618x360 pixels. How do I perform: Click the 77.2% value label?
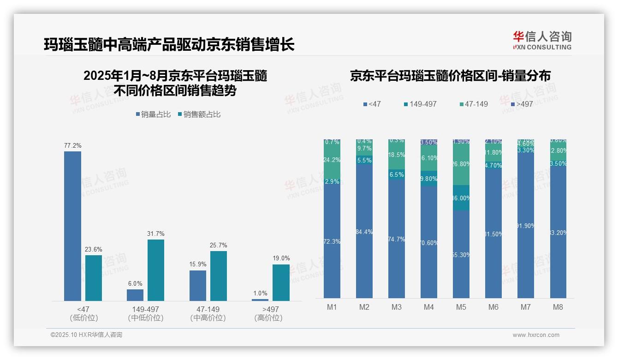[72, 146]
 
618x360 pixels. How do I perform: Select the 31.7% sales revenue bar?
[156, 270]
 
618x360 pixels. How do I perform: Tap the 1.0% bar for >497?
[260, 300]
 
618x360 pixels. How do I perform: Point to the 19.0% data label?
[281, 258]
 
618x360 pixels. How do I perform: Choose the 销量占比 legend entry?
[153, 114]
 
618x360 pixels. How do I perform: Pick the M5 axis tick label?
[461, 307]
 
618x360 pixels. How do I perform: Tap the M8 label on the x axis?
[558, 307]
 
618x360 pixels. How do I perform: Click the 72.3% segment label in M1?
[332, 241]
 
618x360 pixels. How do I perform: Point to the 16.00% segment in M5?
[461, 198]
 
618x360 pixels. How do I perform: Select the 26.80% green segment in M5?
[461, 165]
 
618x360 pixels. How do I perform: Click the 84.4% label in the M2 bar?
[364, 232]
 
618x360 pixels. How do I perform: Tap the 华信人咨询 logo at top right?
[542, 40]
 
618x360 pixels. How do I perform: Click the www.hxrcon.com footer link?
[536, 335]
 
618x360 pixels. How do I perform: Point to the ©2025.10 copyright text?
[86, 335]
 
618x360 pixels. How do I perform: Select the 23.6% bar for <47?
[94, 278]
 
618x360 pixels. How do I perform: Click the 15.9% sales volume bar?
[198, 285]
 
